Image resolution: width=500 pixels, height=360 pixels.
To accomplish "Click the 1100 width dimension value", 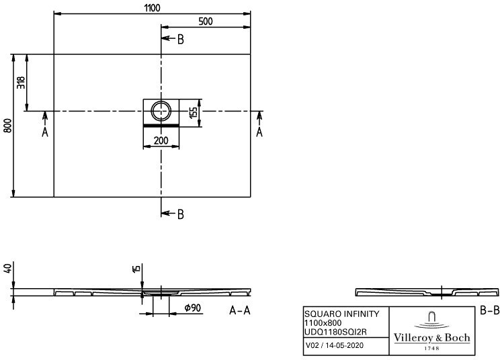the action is click(x=152, y=8).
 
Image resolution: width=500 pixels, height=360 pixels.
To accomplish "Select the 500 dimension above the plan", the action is click(x=206, y=21).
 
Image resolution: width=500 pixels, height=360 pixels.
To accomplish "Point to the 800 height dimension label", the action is click(x=8, y=126).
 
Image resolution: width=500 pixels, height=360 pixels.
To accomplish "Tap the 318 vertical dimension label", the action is click(x=21, y=83).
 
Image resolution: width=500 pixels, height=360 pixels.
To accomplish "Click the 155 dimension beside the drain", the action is click(x=194, y=112).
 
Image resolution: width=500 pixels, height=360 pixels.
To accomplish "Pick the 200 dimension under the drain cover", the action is click(x=161, y=140).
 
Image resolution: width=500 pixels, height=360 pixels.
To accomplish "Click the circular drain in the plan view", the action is click(x=161, y=111).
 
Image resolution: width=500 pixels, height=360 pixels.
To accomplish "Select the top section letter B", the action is click(x=181, y=40).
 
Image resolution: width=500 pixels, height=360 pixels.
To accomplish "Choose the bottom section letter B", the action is click(x=181, y=214).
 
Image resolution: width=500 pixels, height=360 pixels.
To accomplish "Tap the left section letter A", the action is click(x=45, y=132).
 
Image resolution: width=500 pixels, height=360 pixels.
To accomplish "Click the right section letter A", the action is click(x=259, y=132).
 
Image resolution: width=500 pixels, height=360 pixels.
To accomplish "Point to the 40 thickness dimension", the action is click(x=8, y=267).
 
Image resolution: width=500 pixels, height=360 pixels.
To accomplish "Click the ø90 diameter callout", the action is click(x=193, y=308).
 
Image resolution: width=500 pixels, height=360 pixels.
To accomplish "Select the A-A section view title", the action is click(x=240, y=310).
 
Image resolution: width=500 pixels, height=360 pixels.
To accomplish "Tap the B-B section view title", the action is click(x=489, y=310).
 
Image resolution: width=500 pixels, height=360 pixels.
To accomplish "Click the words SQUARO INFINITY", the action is click(x=342, y=314).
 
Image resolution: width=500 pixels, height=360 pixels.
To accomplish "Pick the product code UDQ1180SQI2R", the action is click(x=335, y=332).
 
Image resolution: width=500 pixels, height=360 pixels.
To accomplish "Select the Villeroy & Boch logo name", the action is click(x=432, y=337).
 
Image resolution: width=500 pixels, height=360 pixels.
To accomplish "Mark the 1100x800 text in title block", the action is click(x=323, y=323).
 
